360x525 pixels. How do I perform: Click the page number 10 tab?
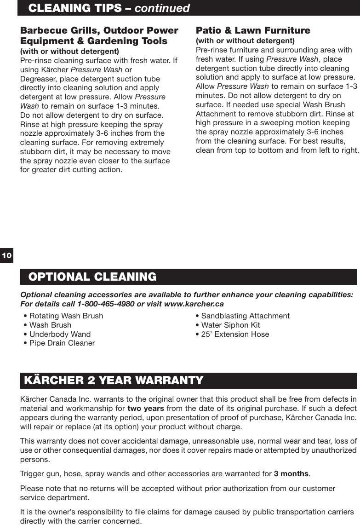[x=7, y=255]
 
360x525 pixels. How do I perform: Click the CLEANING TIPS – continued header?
[x=109, y=8]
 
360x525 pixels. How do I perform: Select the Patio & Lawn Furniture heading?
[x=253, y=31]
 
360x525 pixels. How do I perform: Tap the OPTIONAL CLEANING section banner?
[x=92, y=277]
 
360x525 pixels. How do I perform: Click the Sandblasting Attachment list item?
[x=245, y=316]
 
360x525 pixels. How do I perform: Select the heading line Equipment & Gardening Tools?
[x=94, y=41]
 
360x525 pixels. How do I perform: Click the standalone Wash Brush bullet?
[x=50, y=325]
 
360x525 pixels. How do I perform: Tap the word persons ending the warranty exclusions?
[x=36, y=460]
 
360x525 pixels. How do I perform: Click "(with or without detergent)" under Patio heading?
[x=245, y=41]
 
